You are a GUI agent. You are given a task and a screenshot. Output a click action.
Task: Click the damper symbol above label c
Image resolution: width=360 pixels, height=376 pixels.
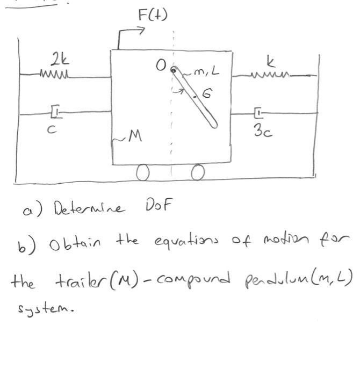click(56, 113)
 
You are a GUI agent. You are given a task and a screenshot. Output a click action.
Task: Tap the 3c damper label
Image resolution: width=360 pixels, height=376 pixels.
click(262, 129)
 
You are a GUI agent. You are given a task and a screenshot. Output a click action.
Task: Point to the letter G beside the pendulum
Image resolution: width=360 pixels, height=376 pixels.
click(207, 95)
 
